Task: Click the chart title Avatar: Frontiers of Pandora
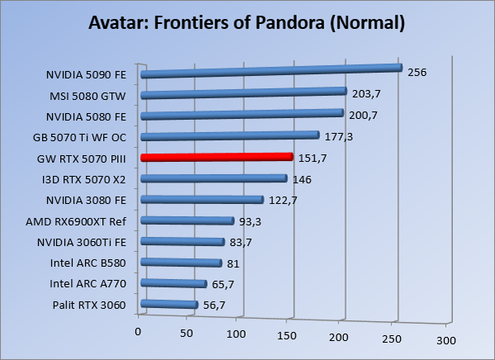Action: (247, 22)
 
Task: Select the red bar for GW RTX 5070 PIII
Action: (216, 157)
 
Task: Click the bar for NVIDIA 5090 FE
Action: (271, 71)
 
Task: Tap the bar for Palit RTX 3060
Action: (169, 305)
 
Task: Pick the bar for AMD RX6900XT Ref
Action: (187, 220)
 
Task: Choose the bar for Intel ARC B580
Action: (181, 263)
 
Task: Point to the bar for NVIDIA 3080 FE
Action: (202, 199)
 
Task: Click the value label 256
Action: (417, 72)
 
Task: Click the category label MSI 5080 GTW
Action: (89, 96)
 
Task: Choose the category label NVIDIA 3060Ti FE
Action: (81, 242)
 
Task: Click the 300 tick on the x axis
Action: (446, 340)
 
